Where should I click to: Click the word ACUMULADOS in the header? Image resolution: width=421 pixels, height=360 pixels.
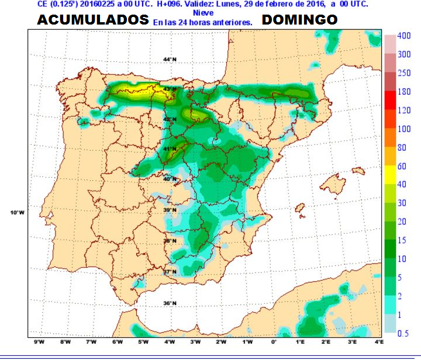pyautogui.click(x=93, y=20)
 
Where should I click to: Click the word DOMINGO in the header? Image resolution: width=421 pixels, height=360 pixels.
pyautogui.click(x=299, y=20)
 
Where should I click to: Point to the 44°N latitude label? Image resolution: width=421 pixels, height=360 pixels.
pyautogui.click(x=169, y=60)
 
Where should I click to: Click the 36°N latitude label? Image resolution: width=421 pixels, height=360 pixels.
pyautogui.click(x=169, y=303)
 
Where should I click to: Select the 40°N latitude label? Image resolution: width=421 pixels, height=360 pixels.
pyautogui.click(x=169, y=179)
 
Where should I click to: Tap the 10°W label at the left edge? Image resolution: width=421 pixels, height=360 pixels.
pyautogui.click(x=18, y=212)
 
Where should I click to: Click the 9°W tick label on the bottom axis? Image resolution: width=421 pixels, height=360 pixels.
pyautogui.click(x=40, y=341)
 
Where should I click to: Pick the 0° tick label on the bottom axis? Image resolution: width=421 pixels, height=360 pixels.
pyautogui.click(x=274, y=341)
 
